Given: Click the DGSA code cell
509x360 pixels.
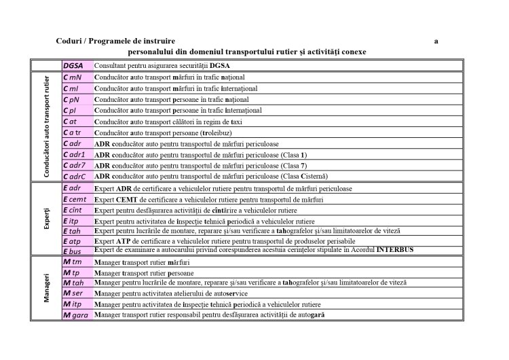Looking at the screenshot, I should pos(76,66).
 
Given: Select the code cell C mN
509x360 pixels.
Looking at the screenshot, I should pos(76,78).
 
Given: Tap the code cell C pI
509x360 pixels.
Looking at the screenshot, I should pos(76,110).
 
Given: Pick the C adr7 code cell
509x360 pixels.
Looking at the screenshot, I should pos(76,164).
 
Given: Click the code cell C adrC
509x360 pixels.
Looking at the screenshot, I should pos(76,175).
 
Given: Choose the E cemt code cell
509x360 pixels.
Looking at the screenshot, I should pos(76,200).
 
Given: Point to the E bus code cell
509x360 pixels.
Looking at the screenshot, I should pos(76,251).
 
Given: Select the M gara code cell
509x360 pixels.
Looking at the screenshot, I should pos(76,316).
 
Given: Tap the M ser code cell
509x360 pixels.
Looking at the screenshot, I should pos(76,293).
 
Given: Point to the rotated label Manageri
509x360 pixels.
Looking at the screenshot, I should pos(47,288).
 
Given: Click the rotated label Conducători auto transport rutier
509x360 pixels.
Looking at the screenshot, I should pos(47,126).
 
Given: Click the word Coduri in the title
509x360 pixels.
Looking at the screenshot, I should pos(69,41).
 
